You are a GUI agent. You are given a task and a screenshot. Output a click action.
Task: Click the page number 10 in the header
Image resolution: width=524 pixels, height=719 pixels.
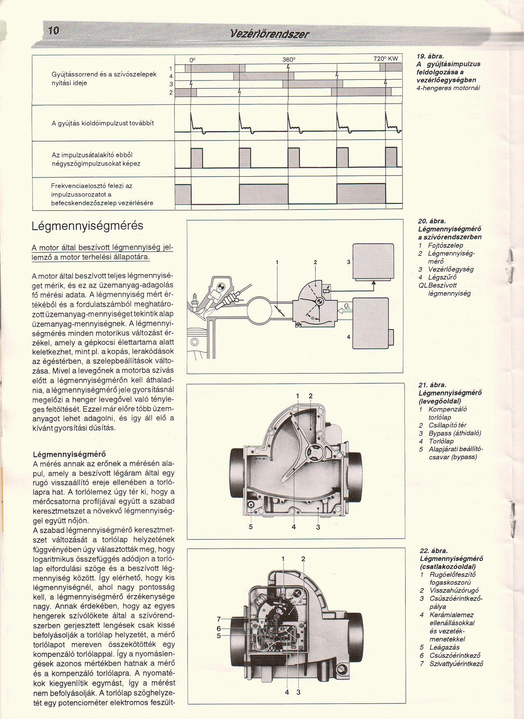pos(53,31)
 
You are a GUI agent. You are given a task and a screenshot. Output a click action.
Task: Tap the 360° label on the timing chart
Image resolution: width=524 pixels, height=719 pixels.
pos(289,60)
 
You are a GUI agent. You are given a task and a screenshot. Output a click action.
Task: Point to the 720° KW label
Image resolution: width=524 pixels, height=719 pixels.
pos(386,59)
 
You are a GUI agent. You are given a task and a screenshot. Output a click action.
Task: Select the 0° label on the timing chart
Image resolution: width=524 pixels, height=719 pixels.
pos(193,60)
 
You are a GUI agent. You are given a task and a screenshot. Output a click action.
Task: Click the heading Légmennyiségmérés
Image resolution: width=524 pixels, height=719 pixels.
pos(87,226)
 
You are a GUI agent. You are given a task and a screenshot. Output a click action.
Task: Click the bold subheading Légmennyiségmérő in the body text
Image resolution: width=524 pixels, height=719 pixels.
pos(69,454)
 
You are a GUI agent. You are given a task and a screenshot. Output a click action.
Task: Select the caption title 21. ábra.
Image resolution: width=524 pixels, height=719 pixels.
pos(432,385)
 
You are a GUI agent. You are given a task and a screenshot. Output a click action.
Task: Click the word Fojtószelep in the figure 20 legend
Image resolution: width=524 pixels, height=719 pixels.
pos(445,246)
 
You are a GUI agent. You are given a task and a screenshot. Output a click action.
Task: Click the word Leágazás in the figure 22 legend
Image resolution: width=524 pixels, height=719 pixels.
pos(444,647)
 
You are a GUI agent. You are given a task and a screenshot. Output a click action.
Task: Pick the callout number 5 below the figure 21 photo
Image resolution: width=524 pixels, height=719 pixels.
pos(251,527)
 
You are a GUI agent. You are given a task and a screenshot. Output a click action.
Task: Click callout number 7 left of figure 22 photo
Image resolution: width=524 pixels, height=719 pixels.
pos(219,619)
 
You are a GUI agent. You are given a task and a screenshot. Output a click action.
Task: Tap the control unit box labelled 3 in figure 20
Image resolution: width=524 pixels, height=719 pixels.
pos(373,261)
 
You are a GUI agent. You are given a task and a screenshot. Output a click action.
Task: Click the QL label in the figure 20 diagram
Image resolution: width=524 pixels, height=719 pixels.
pos(347,306)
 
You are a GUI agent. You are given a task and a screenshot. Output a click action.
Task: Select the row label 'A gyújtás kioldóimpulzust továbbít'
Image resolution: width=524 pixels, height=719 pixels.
pos(103,123)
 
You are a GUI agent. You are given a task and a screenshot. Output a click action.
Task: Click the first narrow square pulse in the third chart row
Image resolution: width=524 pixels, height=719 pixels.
pos(197,158)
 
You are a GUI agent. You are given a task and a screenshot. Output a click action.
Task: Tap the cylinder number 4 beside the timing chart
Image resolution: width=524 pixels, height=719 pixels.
pos(171,76)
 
